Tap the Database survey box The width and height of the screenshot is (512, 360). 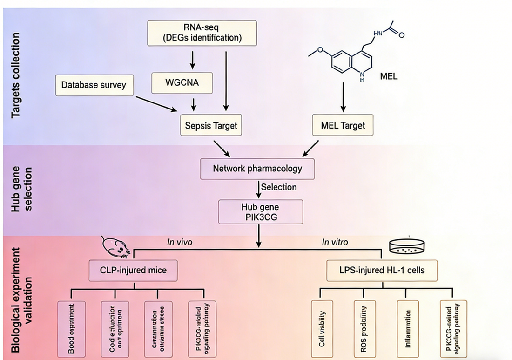click(94, 85)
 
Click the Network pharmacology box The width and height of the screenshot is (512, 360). click(257, 168)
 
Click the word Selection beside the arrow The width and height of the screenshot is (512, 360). click(279, 187)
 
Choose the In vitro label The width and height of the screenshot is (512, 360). click(336, 241)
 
